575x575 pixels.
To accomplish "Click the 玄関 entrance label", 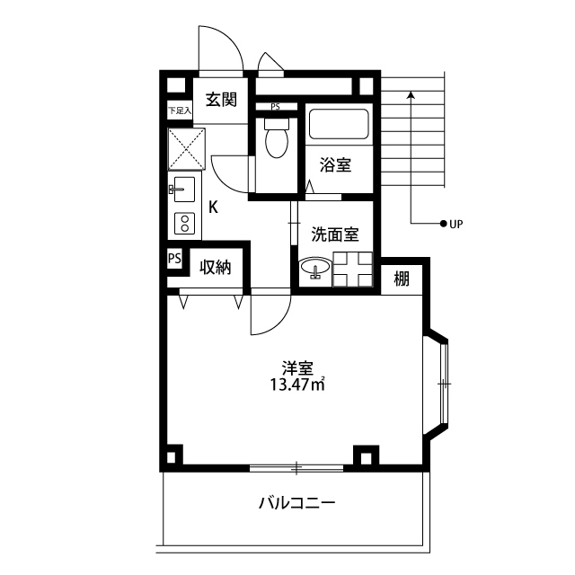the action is click(x=221, y=100).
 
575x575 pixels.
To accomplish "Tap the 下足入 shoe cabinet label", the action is click(x=180, y=111).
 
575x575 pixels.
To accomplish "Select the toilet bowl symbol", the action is click(x=277, y=137).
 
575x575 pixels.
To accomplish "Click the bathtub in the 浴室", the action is click(x=339, y=124).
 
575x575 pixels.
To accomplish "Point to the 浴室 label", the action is click(x=335, y=164).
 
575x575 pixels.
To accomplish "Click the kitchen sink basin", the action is click(x=184, y=190).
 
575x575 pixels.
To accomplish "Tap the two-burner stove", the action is click(x=184, y=224).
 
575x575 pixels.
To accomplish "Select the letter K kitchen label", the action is click(x=213, y=208).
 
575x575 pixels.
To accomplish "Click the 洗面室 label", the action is click(x=335, y=234).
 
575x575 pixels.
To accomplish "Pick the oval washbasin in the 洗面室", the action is click(x=315, y=267).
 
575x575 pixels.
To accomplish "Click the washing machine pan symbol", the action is click(x=352, y=270).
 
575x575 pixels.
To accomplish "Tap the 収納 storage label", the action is click(x=216, y=268).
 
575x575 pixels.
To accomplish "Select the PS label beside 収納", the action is click(x=174, y=258).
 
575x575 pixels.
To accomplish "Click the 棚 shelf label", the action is click(x=402, y=279).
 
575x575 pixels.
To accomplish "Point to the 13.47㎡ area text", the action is click(x=297, y=385).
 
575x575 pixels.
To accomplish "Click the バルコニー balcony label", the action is click(x=297, y=503).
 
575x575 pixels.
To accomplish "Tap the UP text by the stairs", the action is click(x=456, y=224).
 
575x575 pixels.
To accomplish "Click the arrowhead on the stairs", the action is click(x=411, y=94).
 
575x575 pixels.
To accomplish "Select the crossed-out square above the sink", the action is click(x=186, y=149).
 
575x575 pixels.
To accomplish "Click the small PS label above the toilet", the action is click(x=275, y=107).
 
